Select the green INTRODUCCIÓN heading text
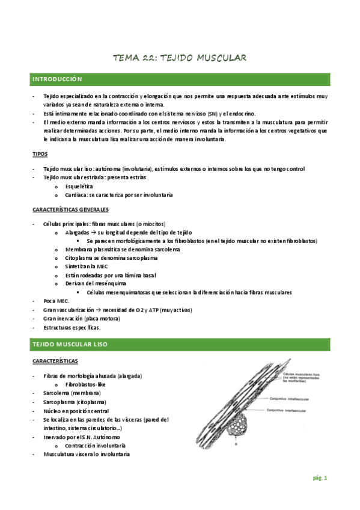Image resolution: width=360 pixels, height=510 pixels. pyautogui.click(x=58, y=79)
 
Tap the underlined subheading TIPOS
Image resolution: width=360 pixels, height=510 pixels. pyautogui.click(x=40, y=154)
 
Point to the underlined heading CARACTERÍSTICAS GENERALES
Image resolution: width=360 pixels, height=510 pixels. pyautogui.click(x=70, y=209)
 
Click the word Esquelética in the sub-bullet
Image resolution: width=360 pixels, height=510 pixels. pyautogui.click(x=79, y=186)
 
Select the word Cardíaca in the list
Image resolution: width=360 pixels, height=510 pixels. pyautogui.click(x=78, y=195)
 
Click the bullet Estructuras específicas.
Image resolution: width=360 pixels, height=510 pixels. pyautogui.click(x=72, y=328)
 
